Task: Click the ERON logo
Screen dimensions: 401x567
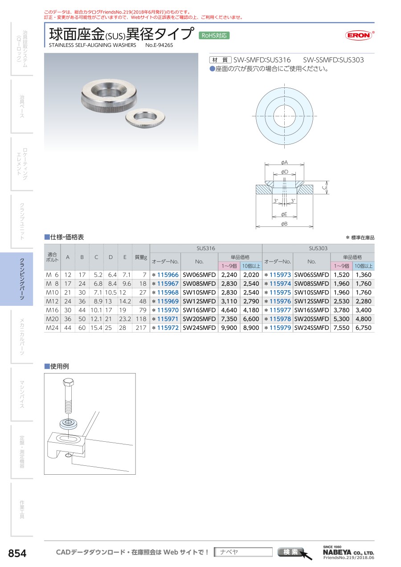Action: coord(360,36)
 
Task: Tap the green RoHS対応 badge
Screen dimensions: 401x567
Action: coord(214,36)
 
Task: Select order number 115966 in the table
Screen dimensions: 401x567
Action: coord(168,275)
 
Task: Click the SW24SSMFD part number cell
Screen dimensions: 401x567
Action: coord(311,328)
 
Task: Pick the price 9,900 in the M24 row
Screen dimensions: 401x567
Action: coord(229,328)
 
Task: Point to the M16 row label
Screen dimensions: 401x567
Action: coord(52,310)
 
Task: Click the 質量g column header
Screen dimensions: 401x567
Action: coord(141,257)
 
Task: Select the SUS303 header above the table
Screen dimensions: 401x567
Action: coord(318,248)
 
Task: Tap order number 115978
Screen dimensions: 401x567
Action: coord(280,319)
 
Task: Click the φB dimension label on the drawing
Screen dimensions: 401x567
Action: coord(284,224)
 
